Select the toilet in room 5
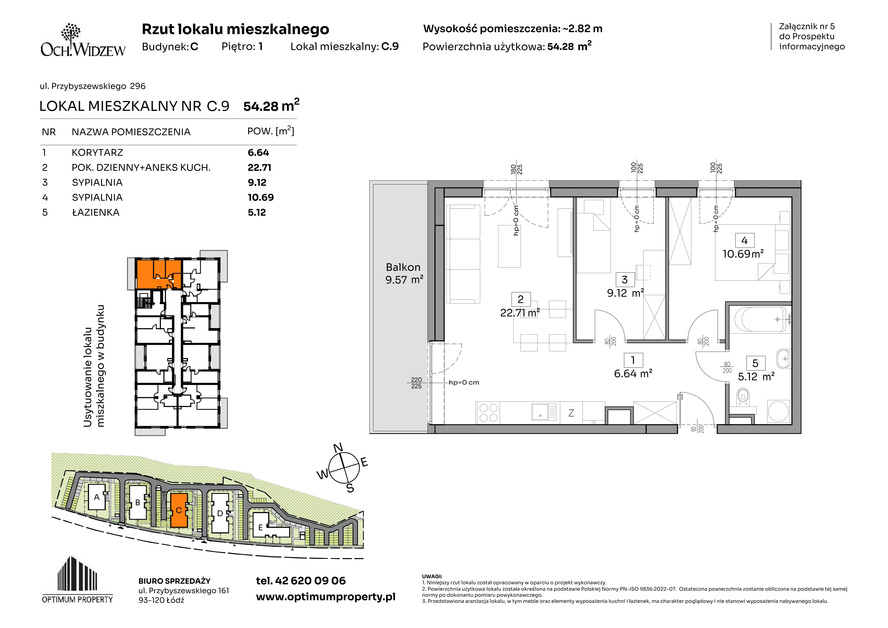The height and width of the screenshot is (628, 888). coord(743,398)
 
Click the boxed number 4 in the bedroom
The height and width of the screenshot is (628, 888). coord(744,241)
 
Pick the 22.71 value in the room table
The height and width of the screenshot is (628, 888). coord(259,167)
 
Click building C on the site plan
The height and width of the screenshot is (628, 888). coord(179,510)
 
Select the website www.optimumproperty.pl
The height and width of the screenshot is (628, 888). coord(326,597)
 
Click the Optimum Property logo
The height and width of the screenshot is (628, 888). coord(77,580)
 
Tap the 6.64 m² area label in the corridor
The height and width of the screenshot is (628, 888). coord(633,374)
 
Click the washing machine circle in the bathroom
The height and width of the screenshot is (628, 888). coord(778,411)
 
